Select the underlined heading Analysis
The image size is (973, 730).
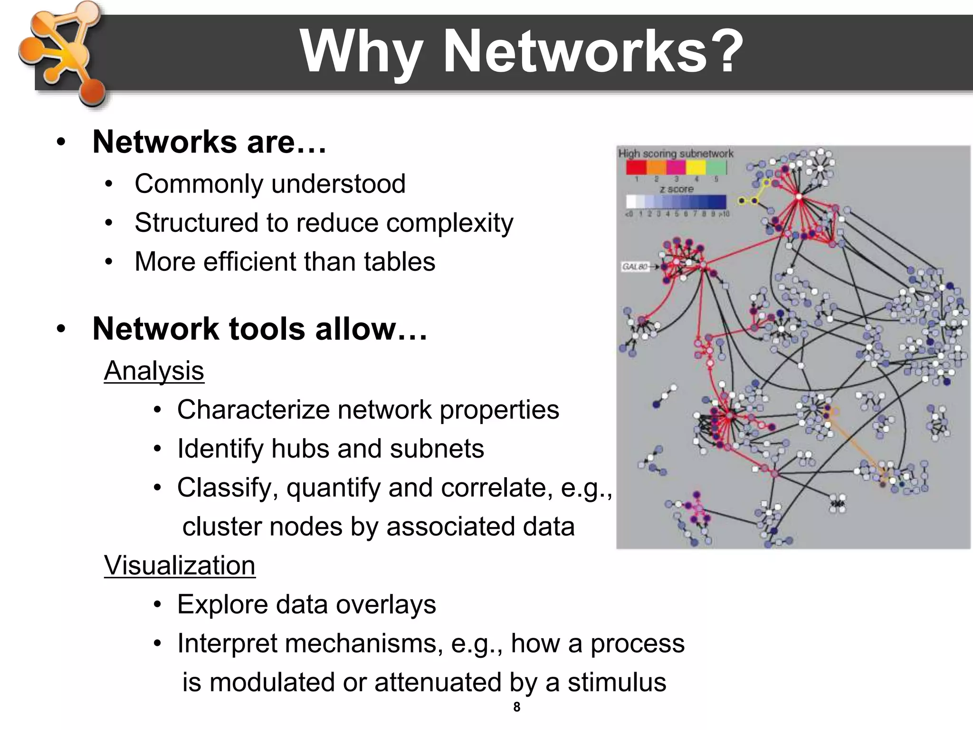tap(154, 371)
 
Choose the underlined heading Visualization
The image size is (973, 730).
tap(180, 566)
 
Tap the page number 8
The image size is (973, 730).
tap(516, 707)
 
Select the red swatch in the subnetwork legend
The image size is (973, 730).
tap(636, 167)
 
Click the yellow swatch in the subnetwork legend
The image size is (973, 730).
tap(696, 167)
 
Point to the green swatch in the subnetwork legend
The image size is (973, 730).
tap(716, 167)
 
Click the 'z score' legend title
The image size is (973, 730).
tap(677, 189)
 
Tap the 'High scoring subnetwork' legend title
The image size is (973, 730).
tap(676, 154)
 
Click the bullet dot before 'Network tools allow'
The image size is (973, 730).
tap(60, 329)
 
